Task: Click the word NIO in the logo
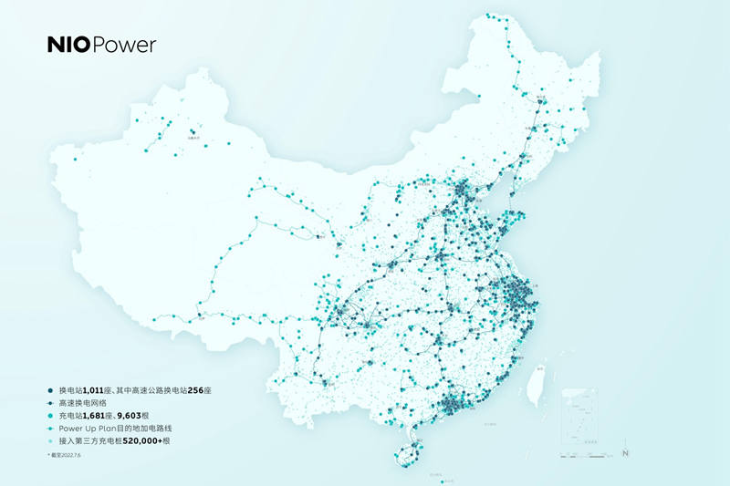[68, 45]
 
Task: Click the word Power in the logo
[124, 45]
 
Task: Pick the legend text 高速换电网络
[82, 402]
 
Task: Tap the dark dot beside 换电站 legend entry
[48, 389]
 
